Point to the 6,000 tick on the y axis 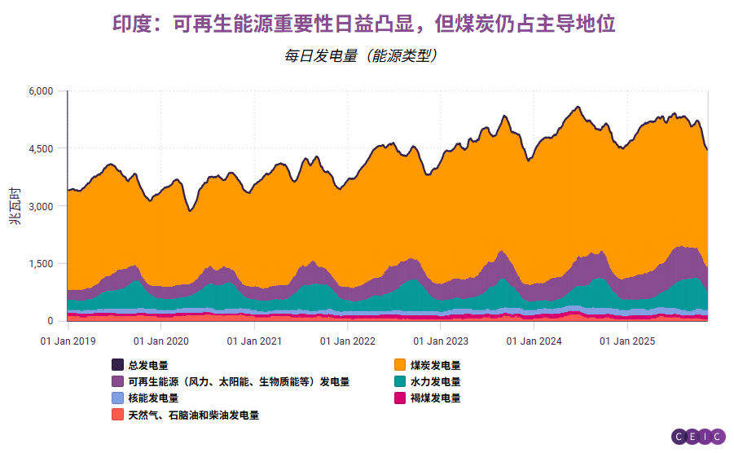[x=41, y=91]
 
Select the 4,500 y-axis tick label [x=41, y=148]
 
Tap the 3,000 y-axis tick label [x=41, y=206]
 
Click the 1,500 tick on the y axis [x=41, y=264]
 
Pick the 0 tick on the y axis [x=50, y=321]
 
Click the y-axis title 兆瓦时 [x=15, y=206]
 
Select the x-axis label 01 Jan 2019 [x=68, y=340]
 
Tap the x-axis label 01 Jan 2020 [x=160, y=340]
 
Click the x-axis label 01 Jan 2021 [x=254, y=340]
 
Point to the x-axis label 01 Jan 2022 [x=347, y=340]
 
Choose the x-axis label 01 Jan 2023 [x=441, y=340]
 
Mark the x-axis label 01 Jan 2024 [x=534, y=340]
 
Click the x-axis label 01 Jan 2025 [x=627, y=340]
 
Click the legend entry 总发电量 [x=147, y=365]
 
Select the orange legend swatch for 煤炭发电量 [x=400, y=365]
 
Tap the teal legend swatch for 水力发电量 [x=400, y=381]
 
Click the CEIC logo [x=698, y=437]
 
